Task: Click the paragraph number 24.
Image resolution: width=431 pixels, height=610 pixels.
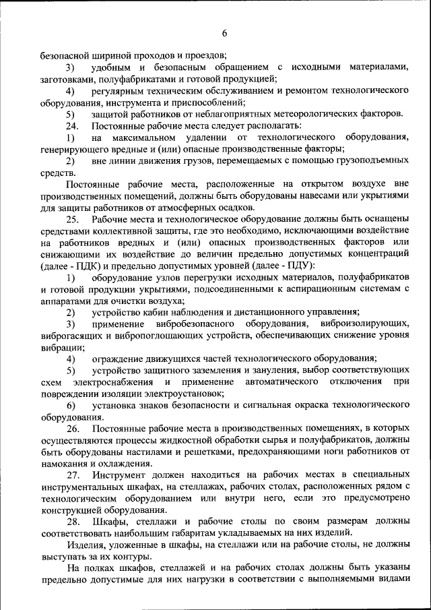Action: click(73, 126)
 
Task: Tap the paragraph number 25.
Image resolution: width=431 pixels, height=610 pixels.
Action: click(73, 219)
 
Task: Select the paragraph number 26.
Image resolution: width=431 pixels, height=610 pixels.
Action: click(73, 428)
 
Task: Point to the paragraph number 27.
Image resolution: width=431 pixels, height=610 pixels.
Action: click(73, 475)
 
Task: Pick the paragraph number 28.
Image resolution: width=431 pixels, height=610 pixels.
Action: click(73, 521)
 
